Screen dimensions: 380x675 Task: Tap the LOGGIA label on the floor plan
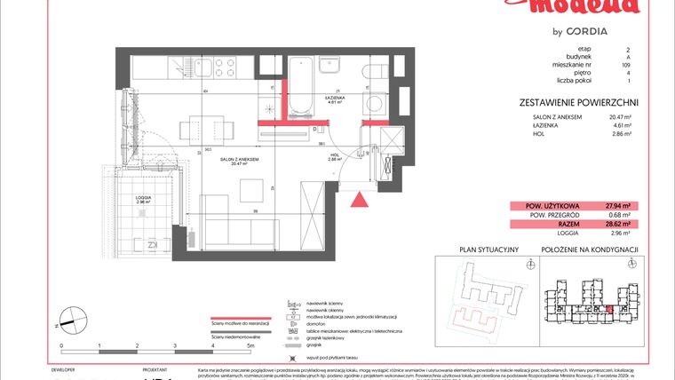pos(142,197)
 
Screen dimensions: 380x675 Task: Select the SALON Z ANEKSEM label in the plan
pos(240,159)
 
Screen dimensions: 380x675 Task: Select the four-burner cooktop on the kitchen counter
pos(221,67)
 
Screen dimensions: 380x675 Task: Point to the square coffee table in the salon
pos(250,189)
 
